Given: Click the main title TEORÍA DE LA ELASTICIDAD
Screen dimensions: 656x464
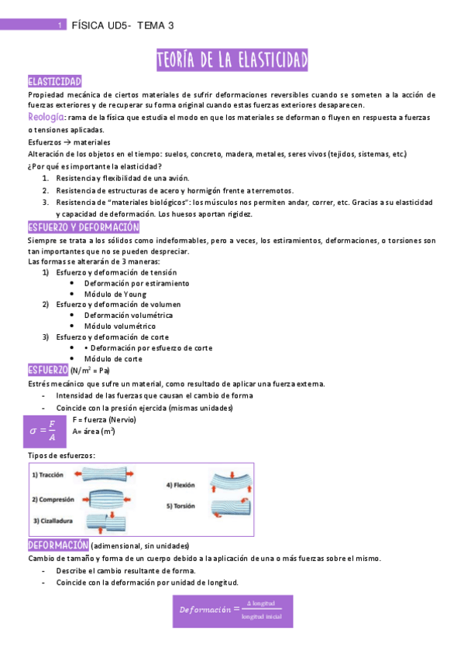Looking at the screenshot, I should [232, 60].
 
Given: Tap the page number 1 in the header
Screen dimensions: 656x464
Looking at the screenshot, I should [60, 26].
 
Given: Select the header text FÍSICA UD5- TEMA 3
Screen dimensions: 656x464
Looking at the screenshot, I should [122, 26].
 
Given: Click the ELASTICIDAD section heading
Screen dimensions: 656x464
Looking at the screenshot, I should [54, 82].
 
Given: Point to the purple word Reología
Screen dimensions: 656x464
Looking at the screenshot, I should [46, 117].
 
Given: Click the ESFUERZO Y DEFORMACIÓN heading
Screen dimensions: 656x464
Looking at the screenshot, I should [83, 227].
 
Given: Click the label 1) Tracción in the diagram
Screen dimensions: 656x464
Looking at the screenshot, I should [48, 475].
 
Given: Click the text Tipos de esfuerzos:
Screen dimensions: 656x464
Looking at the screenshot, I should [62, 456].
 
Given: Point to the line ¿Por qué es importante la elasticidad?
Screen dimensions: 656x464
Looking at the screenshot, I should [95, 166].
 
